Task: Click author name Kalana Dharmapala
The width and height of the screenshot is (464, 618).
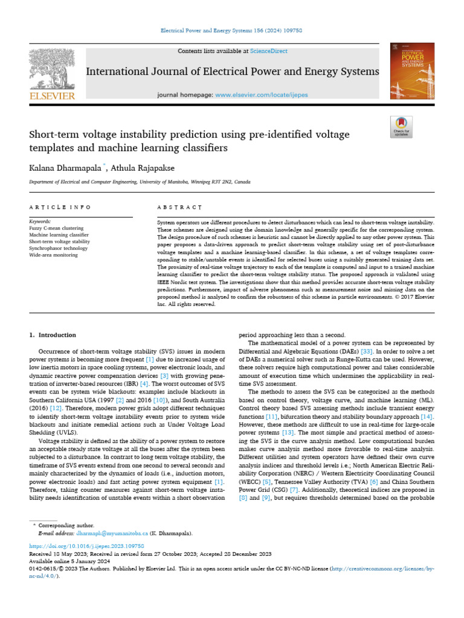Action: click(64, 167)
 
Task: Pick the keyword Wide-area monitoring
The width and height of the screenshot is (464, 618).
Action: click(53, 255)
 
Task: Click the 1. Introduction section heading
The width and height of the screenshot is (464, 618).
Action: click(53, 335)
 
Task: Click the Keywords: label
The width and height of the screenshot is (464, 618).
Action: click(40, 222)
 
